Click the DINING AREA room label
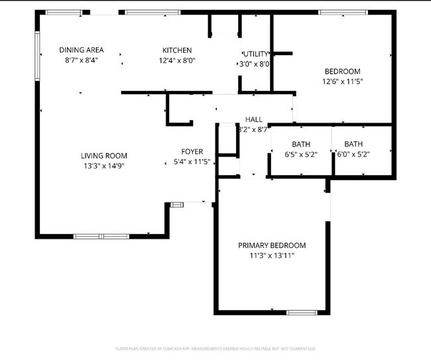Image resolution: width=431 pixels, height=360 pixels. (x=81, y=50)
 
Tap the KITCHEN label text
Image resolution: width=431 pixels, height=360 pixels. (x=177, y=50)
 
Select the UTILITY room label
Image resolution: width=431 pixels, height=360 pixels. (x=256, y=54)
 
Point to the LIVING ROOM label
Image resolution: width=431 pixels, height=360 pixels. (x=103, y=156)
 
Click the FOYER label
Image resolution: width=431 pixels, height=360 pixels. (x=192, y=152)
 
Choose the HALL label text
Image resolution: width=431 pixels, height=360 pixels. (x=253, y=119)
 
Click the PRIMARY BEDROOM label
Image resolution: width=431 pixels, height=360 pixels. (x=272, y=245)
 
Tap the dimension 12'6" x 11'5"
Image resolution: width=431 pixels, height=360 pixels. (x=342, y=82)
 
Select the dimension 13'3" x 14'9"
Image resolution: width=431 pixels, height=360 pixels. (x=103, y=166)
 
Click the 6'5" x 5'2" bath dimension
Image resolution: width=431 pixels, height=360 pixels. (x=300, y=154)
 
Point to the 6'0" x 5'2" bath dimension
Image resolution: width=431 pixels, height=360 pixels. (x=353, y=154)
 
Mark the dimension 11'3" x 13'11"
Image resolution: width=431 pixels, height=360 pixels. (x=272, y=255)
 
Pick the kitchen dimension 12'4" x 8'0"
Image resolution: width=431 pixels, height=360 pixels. (x=177, y=60)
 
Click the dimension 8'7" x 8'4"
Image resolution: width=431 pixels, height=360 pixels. (x=81, y=60)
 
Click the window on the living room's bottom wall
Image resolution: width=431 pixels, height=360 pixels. (x=101, y=236)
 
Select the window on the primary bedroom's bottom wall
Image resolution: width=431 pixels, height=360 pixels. (x=302, y=312)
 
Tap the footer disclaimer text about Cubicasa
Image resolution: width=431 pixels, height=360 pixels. (x=215, y=349)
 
